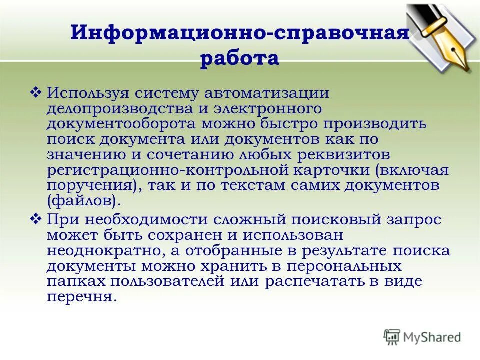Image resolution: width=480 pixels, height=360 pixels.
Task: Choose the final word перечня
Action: click(x=82, y=297)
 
